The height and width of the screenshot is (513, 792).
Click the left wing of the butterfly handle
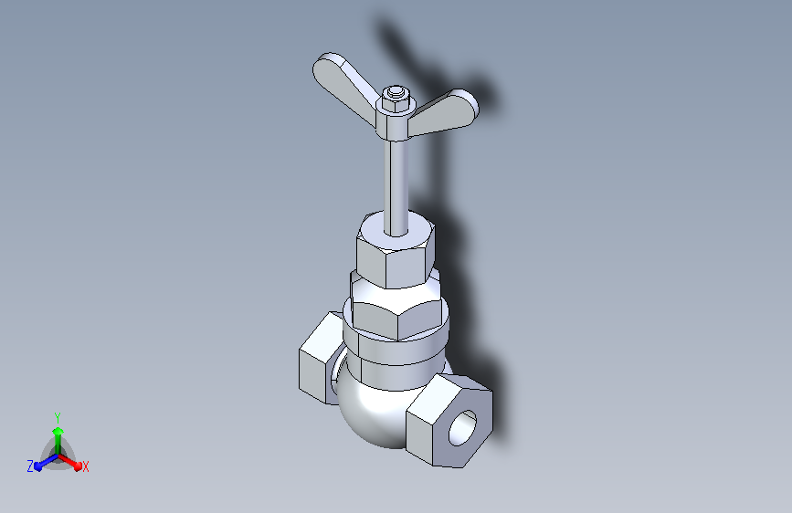point(343,86)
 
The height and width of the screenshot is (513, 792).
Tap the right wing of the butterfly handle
point(445,113)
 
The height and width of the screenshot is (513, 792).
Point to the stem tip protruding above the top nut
point(396,91)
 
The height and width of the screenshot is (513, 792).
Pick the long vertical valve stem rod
point(396,187)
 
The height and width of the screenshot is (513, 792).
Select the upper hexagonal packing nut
point(396,253)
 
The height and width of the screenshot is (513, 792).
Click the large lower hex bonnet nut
point(397,308)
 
